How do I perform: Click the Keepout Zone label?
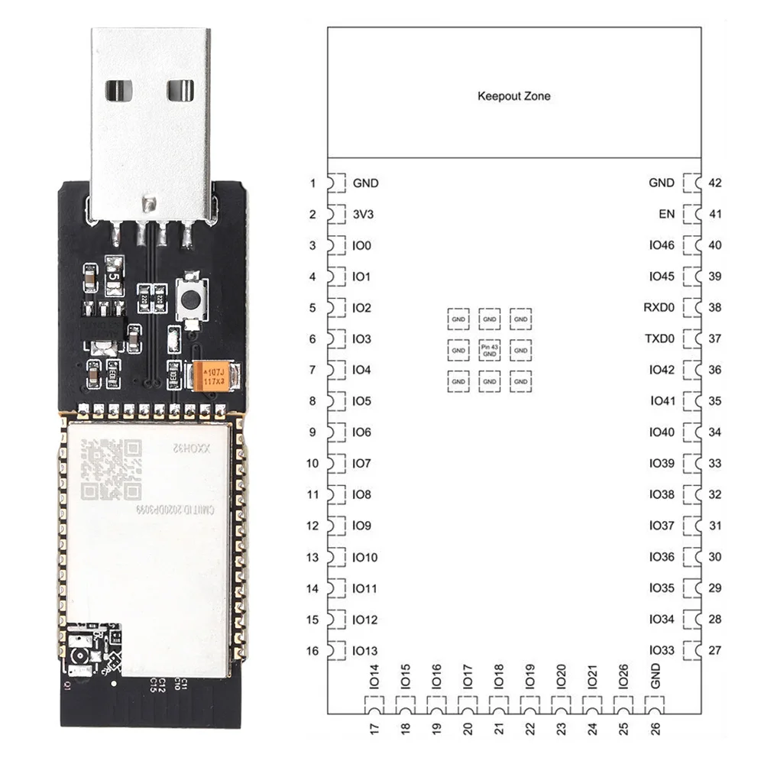[513, 96]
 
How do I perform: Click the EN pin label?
[666, 214]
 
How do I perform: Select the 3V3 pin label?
[363, 215]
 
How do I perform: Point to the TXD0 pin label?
[659, 338]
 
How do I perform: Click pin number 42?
[715, 183]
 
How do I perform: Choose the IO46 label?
[662, 245]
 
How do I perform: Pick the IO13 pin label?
[365, 651]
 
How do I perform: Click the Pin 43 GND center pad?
[489, 350]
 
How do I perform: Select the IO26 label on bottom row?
[623, 675]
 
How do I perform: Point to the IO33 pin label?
[662, 651]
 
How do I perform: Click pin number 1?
[312, 183]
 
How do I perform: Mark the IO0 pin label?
[362, 245]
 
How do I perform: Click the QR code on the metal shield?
[112, 470]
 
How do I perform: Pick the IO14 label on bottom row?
[374, 675]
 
